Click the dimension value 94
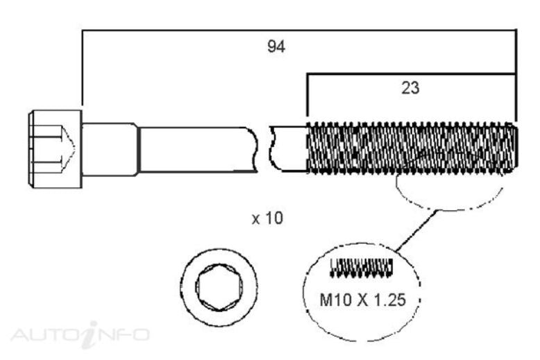tap(276, 46)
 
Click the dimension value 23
tap(410, 88)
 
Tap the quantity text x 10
tap(268, 218)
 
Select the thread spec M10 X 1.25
tap(362, 300)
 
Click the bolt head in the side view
tap(55, 149)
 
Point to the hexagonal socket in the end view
tap(219, 287)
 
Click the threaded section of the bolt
tap(412, 148)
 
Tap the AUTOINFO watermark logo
tap(80, 334)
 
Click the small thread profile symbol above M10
tap(361, 268)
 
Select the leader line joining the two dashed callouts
tap(416, 230)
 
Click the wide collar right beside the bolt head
tap(110, 149)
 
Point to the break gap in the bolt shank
tap(264, 149)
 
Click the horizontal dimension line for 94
tap(299, 31)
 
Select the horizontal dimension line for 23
tap(412, 74)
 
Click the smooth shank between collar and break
tap(198, 149)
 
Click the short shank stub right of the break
tap(289, 148)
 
